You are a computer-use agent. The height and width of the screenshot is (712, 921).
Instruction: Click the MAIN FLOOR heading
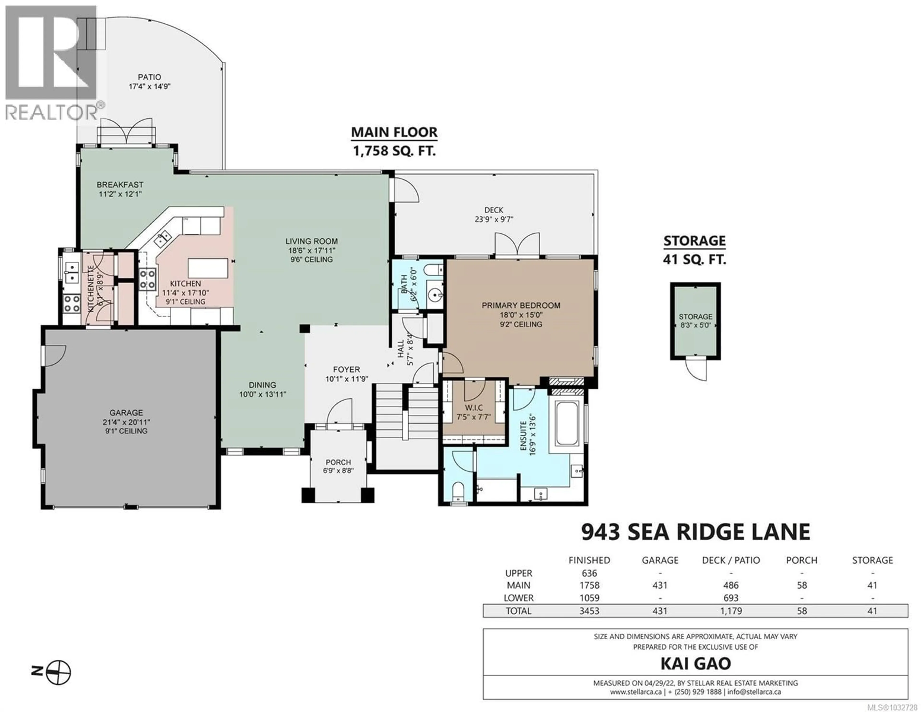(x=394, y=132)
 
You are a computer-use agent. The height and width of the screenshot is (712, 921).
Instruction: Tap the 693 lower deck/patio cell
(x=731, y=598)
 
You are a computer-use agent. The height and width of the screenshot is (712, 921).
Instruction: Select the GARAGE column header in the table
(x=660, y=560)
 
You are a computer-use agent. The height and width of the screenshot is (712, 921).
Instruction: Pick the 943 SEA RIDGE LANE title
(x=695, y=532)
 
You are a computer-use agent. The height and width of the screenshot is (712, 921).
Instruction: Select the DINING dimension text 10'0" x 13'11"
(x=262, y=394)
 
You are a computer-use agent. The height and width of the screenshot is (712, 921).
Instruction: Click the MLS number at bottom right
(x=894, y=707)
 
